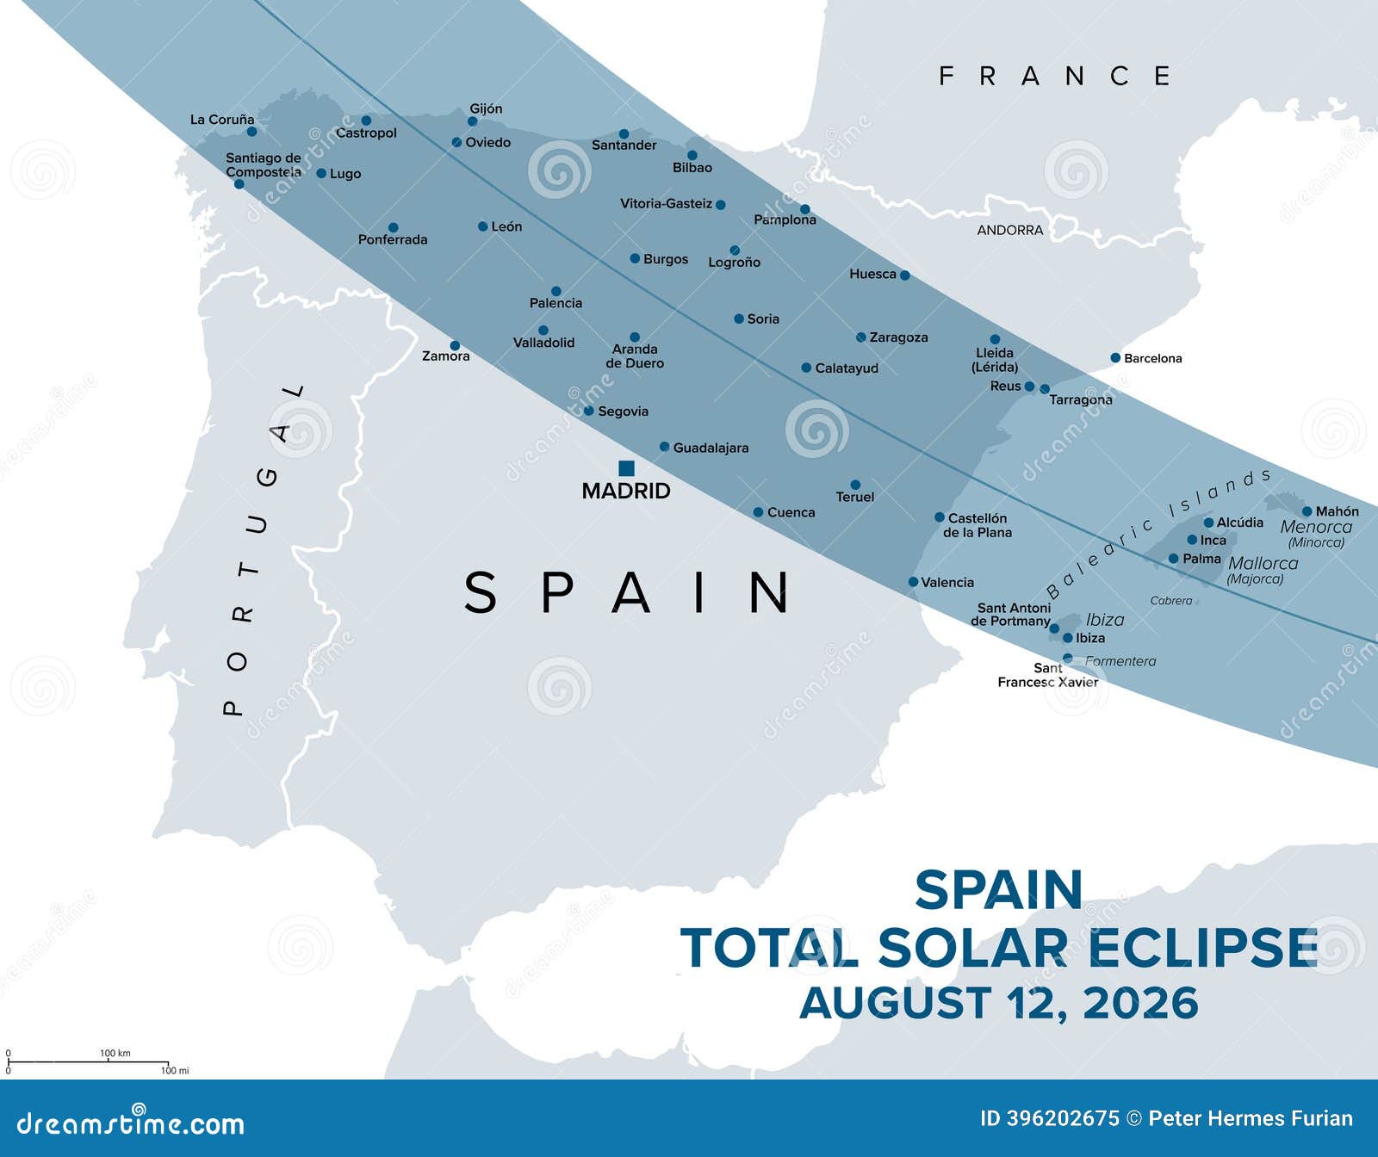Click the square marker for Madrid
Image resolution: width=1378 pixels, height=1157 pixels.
[x=627, y=468]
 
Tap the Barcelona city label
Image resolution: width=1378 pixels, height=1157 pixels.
[x=1152, y=358]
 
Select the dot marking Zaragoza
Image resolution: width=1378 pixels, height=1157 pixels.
[x=860, y=337]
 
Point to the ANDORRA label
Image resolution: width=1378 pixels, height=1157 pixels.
[x=1009, y=230]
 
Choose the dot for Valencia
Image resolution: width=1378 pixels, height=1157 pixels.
[x=913, y=582]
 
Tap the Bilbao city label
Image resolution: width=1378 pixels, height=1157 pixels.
[x=692, y=168]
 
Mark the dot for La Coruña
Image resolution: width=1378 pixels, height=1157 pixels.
[x=251, y=132]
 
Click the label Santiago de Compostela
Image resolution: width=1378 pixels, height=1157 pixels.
[x=264, y=164]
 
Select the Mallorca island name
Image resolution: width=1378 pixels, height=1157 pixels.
[x=1263, y=563]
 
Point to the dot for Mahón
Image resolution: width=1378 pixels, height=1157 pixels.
[x=1307, y=511]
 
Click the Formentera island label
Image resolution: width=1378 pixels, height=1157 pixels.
[x=1120, y=661]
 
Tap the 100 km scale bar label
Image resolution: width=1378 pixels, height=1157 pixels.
[x=115, y=1053]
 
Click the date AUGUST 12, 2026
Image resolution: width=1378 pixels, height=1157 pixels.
[x=999, y=1003]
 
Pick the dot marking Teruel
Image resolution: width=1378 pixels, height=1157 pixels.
[x=855, y=485]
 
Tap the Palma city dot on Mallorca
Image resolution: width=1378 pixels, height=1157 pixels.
[x=1173, y=559]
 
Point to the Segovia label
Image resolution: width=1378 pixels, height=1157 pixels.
[x=623, y=411]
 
